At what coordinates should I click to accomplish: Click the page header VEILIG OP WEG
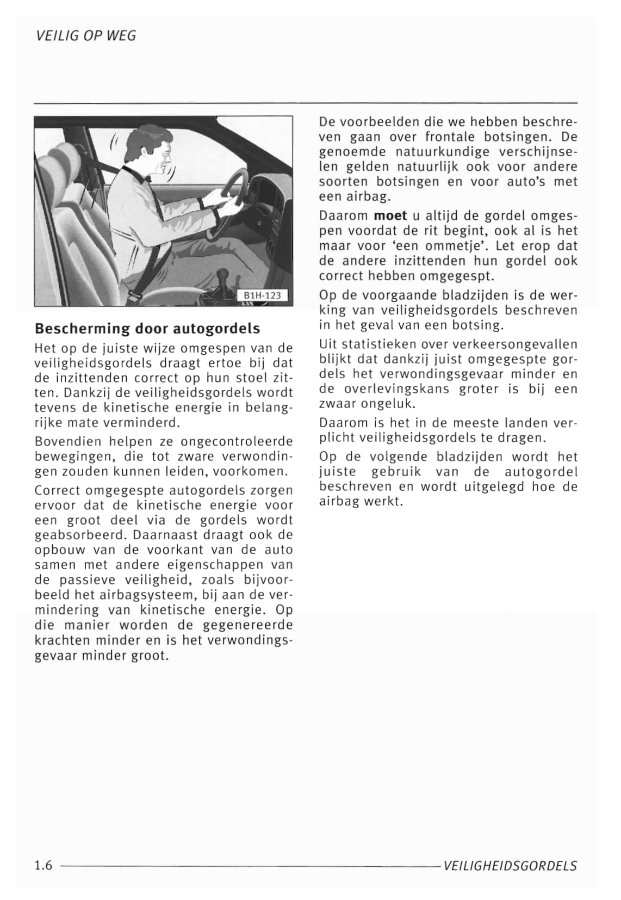point(85,36)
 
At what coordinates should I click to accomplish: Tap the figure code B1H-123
point(262,295)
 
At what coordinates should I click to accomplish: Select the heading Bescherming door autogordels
point(147,329)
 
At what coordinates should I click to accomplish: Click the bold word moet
point(390,215)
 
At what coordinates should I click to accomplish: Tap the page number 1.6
point(43,865)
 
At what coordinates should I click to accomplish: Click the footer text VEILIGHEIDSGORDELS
point(510,866)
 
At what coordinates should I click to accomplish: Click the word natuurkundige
point(432,152)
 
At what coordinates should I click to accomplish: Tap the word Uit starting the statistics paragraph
point(328,344)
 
